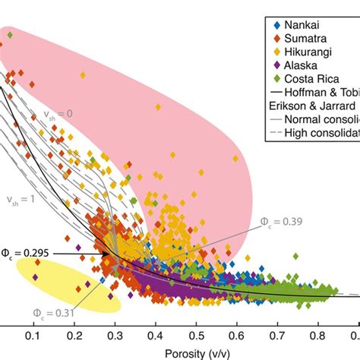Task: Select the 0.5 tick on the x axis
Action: tap(197, 335)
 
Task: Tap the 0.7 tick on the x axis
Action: tap(278, 335)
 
